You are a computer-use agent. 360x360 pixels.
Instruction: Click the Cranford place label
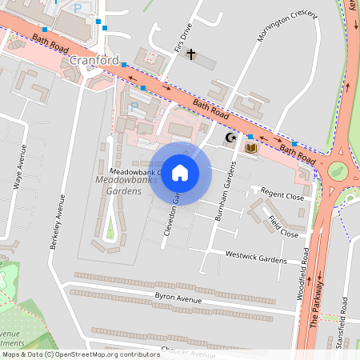94,60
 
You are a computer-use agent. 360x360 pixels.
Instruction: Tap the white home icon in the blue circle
180,172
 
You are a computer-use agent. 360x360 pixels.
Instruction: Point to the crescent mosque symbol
232,138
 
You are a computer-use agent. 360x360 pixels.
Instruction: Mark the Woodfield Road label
306,272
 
